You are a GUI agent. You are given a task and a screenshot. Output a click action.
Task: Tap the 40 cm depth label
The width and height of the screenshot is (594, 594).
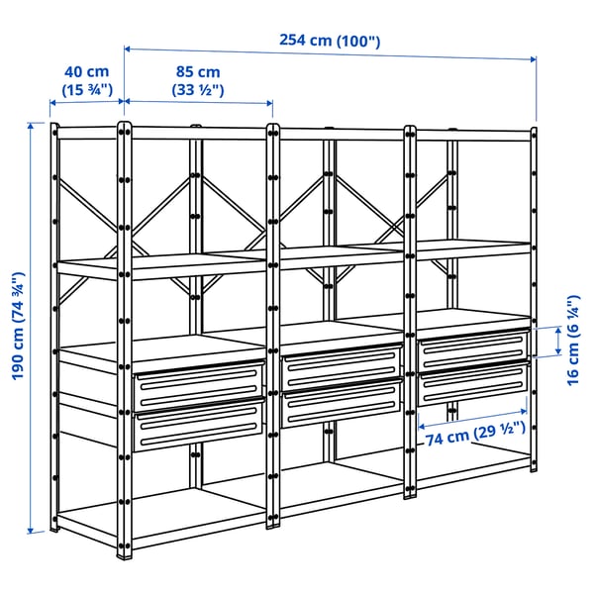pos(86,72)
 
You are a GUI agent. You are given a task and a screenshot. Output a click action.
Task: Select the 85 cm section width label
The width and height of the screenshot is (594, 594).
pos(198,72)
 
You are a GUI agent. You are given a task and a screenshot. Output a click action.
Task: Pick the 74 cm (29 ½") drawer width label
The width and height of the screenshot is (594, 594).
pos(471,433)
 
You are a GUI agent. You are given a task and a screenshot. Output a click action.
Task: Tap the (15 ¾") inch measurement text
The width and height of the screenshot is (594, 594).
pos(86,90)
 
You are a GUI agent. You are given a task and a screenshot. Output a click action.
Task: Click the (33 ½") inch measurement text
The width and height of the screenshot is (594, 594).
pos(198,90)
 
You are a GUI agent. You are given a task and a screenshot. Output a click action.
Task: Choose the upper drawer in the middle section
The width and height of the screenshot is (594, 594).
pos(342,368)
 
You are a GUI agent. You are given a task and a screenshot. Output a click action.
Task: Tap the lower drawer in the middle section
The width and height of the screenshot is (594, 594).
pos(342,406)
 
